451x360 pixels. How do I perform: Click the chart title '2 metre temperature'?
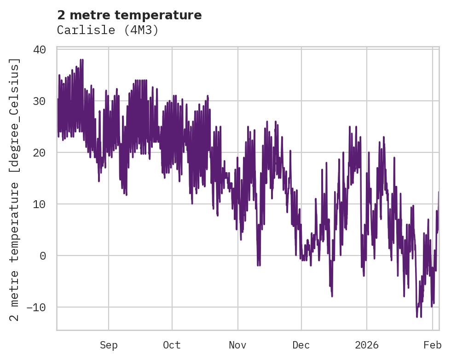click(x=129, y=15)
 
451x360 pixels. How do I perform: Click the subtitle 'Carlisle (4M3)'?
click(x=108, y=30)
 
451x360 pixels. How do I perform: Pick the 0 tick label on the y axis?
click(x=43, y=255)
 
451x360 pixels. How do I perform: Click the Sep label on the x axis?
click(x=109, y=345)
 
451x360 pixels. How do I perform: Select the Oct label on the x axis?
click(x=172, y=345)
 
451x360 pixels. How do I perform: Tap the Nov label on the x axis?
click(x=238, y=345)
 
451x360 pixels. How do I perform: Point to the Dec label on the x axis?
click(x=301, y=345)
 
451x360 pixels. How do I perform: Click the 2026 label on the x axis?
click(x=367, y=345)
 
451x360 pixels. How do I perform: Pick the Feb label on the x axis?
click(x=433, y=345)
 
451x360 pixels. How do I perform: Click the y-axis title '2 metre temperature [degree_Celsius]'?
click(x=15, y=189)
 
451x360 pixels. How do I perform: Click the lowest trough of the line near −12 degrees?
click(x=417, y=317)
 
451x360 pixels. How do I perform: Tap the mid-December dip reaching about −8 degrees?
click(x=331, y=296)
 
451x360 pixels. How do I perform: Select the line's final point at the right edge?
click(x=439, y=192)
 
